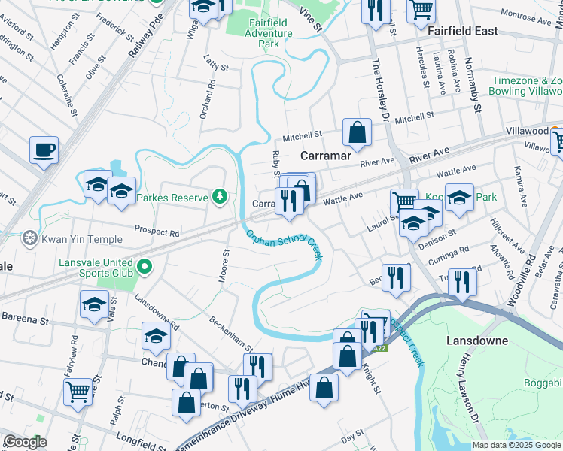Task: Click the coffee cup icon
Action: [44, 149]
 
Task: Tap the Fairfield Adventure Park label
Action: [259, 34]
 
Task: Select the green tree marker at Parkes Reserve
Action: [220, 197]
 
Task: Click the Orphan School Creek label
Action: [285, 246]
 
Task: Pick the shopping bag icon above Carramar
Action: [358, 133]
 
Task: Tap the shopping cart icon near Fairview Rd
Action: [78, 391]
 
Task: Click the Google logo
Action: [25, 442]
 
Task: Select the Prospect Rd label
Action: [157, 232]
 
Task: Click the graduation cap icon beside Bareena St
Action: [93, 304]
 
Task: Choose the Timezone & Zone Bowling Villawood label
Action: [527, 86]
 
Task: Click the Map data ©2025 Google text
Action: [516, 445]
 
